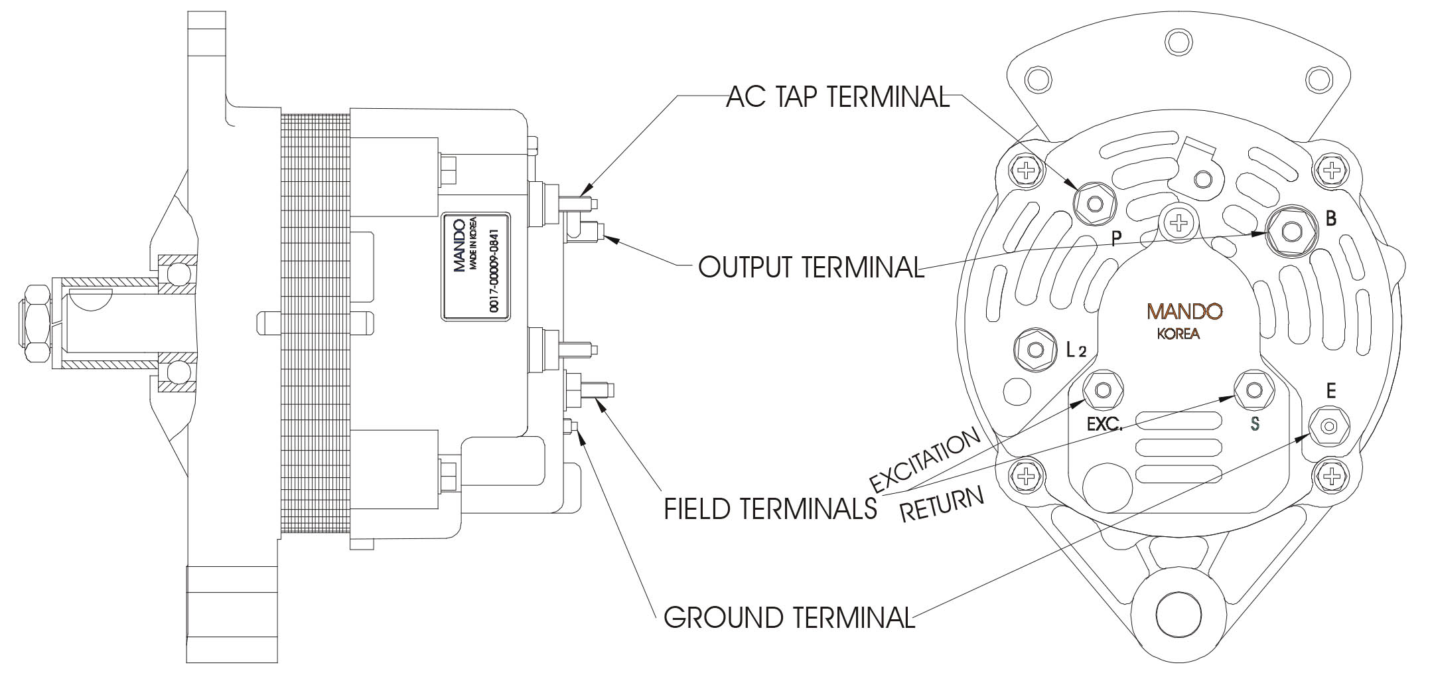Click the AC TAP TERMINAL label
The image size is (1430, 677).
tap(837, 98)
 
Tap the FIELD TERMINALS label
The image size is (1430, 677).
tap(770, 508)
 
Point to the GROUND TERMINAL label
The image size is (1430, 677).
tap(789, 617)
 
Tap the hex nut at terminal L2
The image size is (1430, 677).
tap(1035, 348)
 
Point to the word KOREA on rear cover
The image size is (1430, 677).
tap(1178, 334)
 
